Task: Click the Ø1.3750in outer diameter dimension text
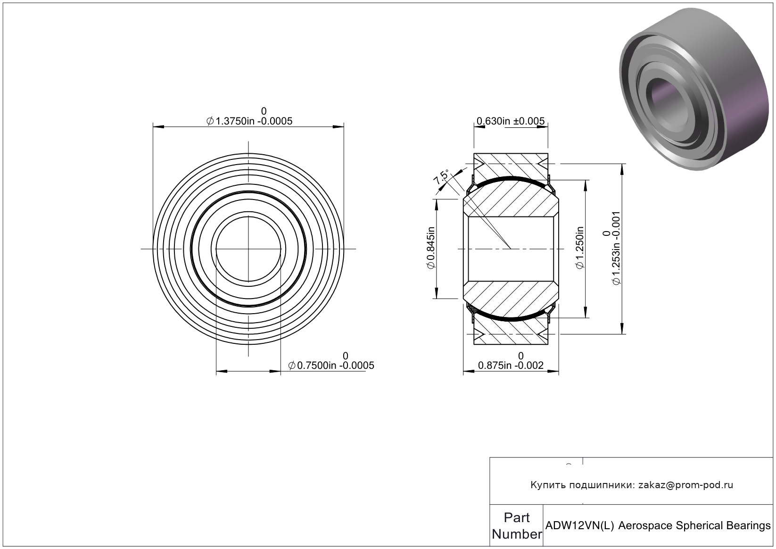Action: pyautogui.click(x=249, y=121)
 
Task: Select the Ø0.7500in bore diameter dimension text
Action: pyautogui.click(x=331, y=366)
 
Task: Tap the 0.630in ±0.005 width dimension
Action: pyautogui.click(x=511, y=121)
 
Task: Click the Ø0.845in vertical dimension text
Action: pyautogui.click(x=430, y=248)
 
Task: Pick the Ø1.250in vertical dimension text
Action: pyautogui.click(x=579, y=248)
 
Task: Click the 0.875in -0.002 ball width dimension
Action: pyautogui.click(x=511, y=366)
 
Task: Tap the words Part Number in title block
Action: pyautogui.click(x=517, y=525)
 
